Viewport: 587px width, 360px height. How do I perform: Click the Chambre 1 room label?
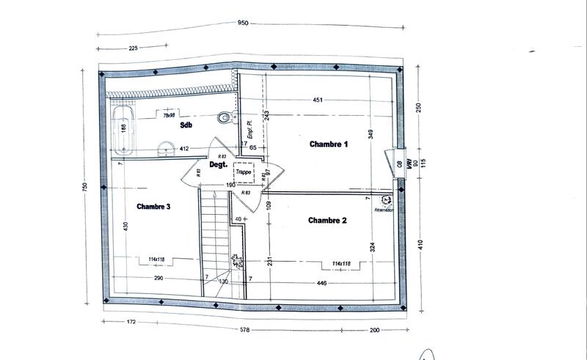328,144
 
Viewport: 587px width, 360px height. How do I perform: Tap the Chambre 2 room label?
327,220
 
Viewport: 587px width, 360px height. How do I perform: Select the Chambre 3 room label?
153,207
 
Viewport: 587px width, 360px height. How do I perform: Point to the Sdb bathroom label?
186,125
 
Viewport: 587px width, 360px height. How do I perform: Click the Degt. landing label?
217,166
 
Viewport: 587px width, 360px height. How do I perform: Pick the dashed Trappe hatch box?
244,173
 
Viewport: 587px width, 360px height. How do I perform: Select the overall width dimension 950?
244,23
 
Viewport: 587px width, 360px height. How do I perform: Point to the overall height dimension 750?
85,186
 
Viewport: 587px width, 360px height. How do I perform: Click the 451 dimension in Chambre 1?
318,100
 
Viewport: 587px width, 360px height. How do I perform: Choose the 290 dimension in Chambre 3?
158,279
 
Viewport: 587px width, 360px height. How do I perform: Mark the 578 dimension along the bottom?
244,330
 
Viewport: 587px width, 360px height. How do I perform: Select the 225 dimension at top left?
134,49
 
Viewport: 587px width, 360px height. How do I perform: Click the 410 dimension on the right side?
420,244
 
